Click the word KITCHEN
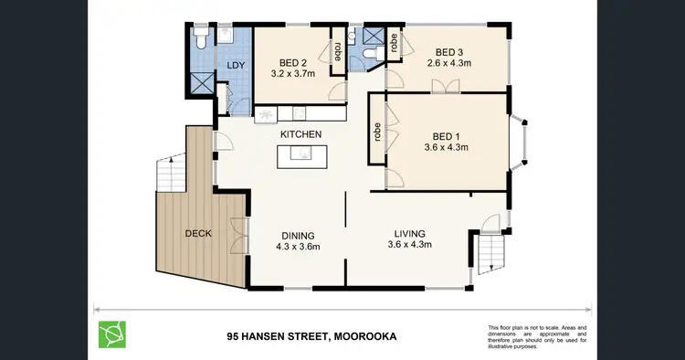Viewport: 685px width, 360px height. coord(301,134)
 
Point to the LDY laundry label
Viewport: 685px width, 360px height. coord(235,66)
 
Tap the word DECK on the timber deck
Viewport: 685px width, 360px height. coord(197,233)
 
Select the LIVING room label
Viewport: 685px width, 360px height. coord(409,233)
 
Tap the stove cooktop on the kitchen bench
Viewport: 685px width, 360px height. coord(265,115)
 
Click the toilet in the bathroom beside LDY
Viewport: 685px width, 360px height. coord(201,37)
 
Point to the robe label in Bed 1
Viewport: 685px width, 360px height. coord(375,132)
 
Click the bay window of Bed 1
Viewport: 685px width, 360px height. coord(518,142)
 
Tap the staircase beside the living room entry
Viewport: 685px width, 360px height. coord(485,251)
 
